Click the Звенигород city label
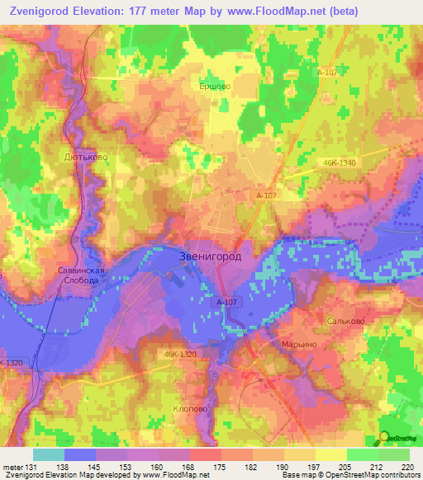(x=211, y=256)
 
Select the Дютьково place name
(x=86, y=156)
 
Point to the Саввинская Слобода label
(x=78, y=275)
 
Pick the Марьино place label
(x=299, y=343)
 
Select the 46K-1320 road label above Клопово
(x=180, y=355)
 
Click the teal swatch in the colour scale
(x=49, y=454)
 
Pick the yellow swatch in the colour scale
(x=331, y=454)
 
